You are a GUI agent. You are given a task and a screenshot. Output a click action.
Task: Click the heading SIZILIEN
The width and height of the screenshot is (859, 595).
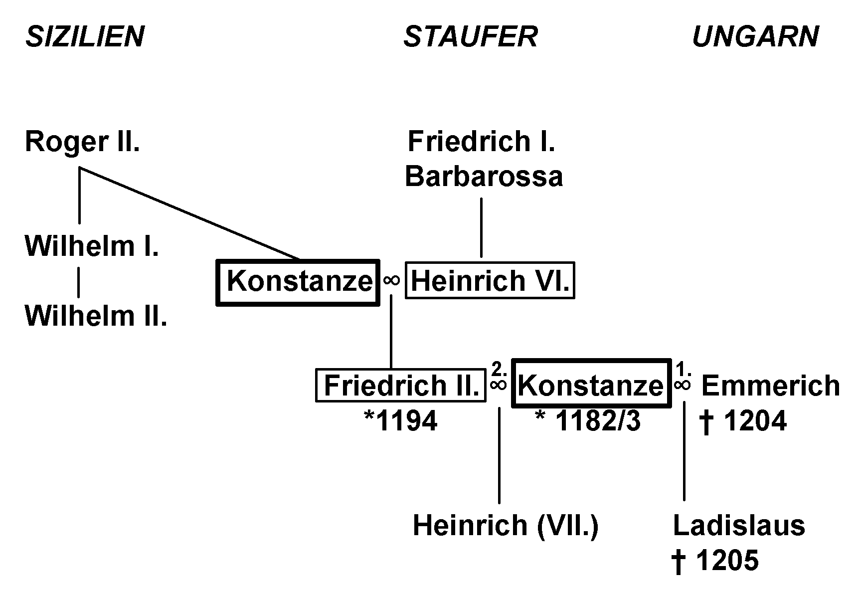(x=85, y=37)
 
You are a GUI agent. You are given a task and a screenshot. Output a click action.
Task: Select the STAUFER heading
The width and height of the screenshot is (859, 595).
(x=470, y=37)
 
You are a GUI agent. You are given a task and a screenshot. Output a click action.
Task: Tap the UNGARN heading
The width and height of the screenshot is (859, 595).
(x=755, y=37)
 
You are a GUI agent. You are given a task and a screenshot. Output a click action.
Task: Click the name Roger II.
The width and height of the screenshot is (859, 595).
(x=82, y=142)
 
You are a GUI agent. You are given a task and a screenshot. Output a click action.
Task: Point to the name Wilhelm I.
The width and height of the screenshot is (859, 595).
(x=92, y=246)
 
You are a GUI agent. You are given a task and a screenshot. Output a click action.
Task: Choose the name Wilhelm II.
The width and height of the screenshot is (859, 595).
(x=96, y=316)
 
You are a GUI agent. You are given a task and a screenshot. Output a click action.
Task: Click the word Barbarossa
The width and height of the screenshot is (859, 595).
(x=484, y=177)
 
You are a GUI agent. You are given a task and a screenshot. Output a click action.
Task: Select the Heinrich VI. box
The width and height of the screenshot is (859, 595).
(x=490, y=281)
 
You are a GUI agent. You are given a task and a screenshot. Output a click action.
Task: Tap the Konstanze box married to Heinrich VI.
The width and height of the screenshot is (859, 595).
(x=298, y=282)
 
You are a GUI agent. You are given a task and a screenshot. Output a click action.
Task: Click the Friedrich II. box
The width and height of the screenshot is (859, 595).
(x=401, y=386)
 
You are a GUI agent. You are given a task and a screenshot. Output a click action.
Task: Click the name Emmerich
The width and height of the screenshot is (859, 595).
(x=770, y=386)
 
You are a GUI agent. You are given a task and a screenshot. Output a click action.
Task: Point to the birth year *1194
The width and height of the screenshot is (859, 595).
(x=401, y=421)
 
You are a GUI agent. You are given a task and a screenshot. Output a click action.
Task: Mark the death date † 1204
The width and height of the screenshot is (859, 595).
(x=743, y=421)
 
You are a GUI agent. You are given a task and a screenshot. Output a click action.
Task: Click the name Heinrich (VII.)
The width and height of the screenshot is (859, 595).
(x=506, y=526)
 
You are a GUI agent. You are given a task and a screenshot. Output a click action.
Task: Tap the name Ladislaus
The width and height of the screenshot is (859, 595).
(x=739, y=526)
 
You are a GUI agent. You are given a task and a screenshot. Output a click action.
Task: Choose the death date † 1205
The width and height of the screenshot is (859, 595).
(x=715, y=561)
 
